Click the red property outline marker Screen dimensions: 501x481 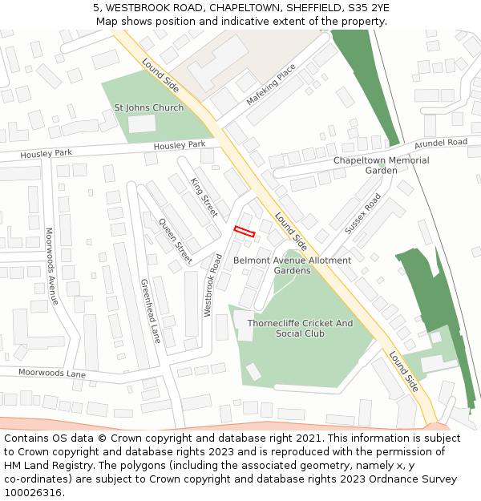click(244, 232)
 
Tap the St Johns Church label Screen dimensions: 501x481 click(148, 107)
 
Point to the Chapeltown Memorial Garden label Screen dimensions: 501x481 click(381, 165)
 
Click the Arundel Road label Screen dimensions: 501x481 click(440, 143)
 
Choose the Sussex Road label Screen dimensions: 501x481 click(362, 214)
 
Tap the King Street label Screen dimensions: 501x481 click(204, 198)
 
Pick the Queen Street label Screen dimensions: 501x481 click(175, 240)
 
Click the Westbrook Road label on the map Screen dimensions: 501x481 click(212, 285)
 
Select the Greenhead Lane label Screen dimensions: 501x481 click(151, 311)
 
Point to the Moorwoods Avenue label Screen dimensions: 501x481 click(51, 266)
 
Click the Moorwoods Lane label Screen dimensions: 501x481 click(52, 374)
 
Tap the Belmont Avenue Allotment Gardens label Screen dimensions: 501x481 click(292, 265)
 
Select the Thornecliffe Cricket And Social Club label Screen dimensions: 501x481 click(300, 328)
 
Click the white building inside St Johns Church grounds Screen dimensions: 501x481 click(142, 123)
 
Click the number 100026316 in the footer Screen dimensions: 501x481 click(34, 492)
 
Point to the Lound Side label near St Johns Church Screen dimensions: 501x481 click(160, 75)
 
